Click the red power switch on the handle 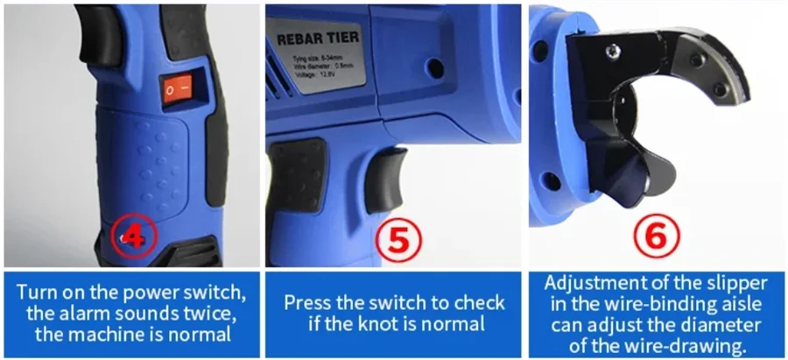click(x=179, y=90)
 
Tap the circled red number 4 click(x=134, y=237)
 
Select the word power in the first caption click(x=147, y=293)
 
